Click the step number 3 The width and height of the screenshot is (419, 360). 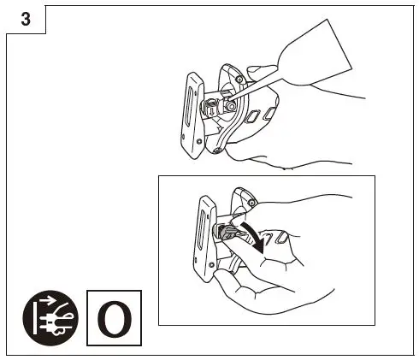point(25,21)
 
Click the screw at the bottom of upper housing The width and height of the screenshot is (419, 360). point(217,150)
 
